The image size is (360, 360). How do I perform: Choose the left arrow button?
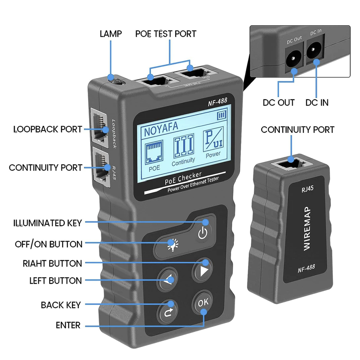click(168, 279)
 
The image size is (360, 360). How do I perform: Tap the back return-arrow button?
click(168, 312)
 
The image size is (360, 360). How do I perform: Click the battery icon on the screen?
click(222, 115)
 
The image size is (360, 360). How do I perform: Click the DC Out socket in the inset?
click(293, 59)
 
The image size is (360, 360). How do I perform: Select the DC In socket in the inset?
click(314, 50)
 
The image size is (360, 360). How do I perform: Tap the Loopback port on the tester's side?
click(100, 127)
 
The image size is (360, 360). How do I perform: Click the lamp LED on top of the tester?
click(116, 81)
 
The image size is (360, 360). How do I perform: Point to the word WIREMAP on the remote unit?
click(307, 228)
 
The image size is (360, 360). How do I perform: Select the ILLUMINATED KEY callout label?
click(47, 223)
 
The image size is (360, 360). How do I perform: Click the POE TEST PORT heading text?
click(166, 34)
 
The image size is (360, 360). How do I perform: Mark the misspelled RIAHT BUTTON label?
click(52, 263)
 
